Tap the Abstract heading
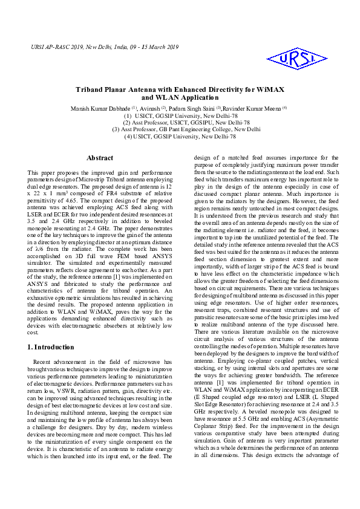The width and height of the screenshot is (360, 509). (x=100, y=158)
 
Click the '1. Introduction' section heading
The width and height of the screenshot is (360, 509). (x=51, y=347)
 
